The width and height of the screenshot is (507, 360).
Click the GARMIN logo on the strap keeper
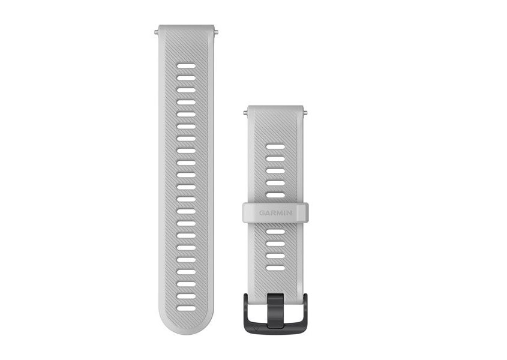(275, 213)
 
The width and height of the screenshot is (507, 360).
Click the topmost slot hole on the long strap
(186, 66)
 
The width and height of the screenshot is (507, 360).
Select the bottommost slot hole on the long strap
(186, 308)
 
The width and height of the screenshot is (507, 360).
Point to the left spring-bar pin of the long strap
(157, 32)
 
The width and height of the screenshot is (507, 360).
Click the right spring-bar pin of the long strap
(216, 32)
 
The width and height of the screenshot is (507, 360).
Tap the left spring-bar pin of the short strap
(245, 113)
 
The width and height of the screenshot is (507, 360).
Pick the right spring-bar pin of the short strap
(305, 113)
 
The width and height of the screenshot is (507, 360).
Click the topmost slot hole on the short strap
(275, 147)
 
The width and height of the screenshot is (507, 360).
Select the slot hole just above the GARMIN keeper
(275, 195)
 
